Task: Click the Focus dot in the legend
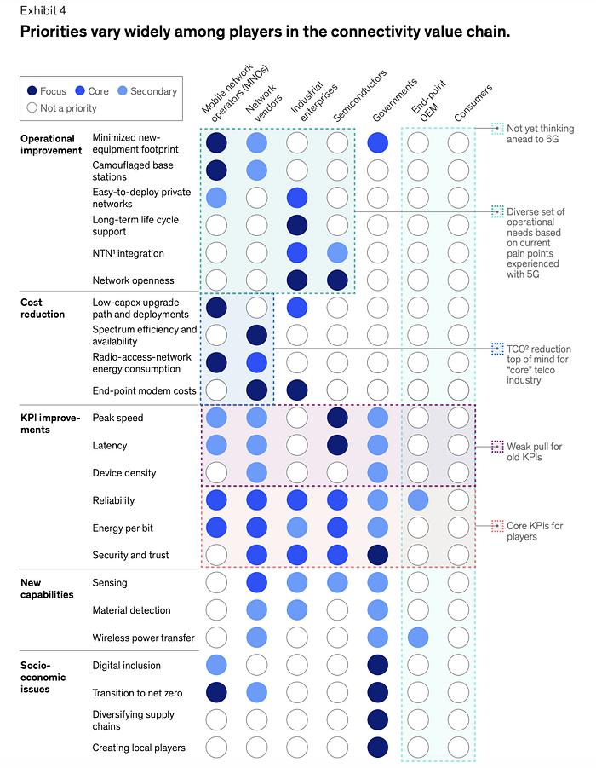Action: pyautogui.click(x=32, y=91)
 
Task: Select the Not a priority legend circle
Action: pyautogui.click(x=32, y=108)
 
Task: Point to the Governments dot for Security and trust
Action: pyautogui.click(x=379, y=555)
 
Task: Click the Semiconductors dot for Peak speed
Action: pyautogui.click(x=338, y=418)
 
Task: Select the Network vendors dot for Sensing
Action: pyautogui.click(x=257, y=583)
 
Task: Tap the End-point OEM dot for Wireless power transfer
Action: pyautogui.click(x=418, y=638)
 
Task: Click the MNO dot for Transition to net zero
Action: pyautogui.click(x=216, y=693)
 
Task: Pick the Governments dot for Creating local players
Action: pyautogui.click(x=379, y=748)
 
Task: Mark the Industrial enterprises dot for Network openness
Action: pyautogui.click(x=297, y=280)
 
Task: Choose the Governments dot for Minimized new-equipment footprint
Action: pyautogui.click(x=379, y=143)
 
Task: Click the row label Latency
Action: pyautogui.click(x=109, y=446)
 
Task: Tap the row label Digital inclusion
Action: pyautogui.click(x=126, y=666)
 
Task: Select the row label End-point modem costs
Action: pyautogui.click(x=143, y=391)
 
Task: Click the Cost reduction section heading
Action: pyautogui.click(x=43, y=308)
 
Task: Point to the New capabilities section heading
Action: pyautogui.click(x=48, y=588)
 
